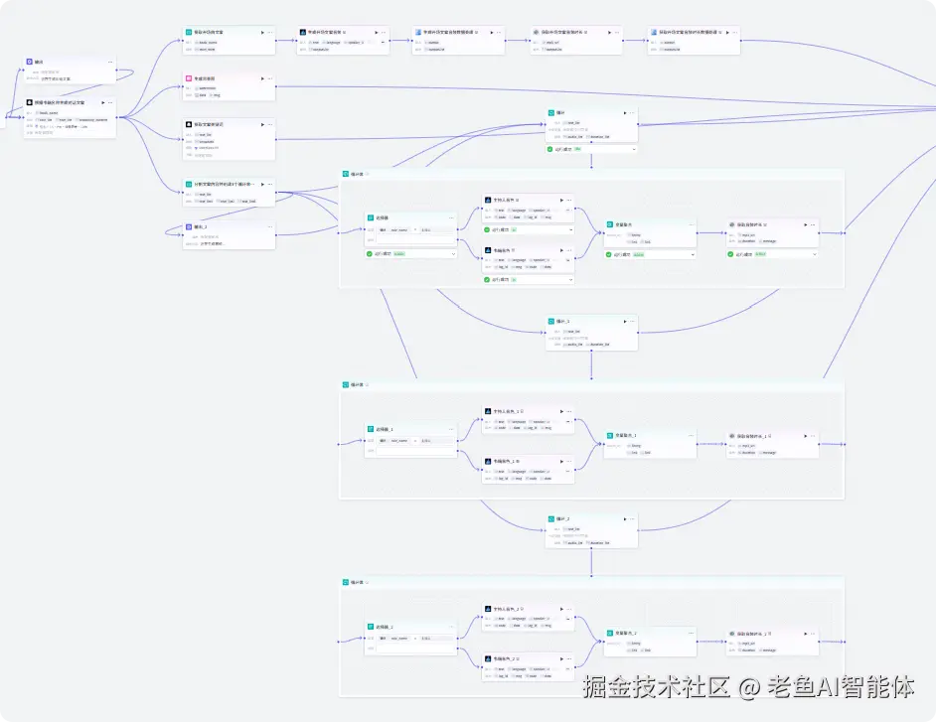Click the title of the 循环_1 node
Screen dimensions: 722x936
click(x=562, y=321)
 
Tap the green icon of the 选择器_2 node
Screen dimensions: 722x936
click(x=371, y=627)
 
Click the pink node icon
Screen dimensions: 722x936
click(x=188, y=77)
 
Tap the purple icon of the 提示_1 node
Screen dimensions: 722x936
click(x=188, y=226)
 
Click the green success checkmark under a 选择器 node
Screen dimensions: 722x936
click(x=370, y=253)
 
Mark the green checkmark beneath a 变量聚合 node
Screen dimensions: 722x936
click(x=611, y=254)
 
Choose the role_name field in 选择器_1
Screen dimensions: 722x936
click(x=399, y=439)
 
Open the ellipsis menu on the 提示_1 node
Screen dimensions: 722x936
click(x=269, y=226)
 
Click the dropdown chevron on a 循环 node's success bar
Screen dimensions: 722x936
click(x=632, y=149)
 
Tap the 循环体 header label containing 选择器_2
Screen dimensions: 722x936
click(x=357, y=582)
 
